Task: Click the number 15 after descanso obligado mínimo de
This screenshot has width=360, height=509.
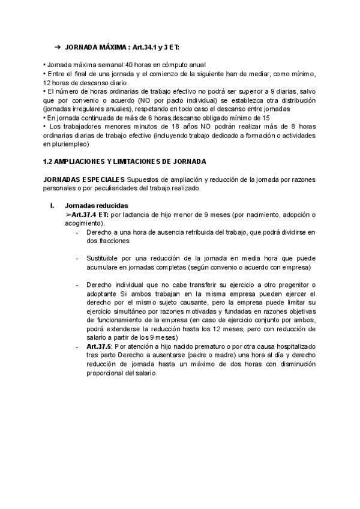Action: (x=266, y=118)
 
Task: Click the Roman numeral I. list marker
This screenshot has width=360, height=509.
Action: (x=52, y=205)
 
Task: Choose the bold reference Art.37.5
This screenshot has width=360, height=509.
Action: (x=98, y=347)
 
